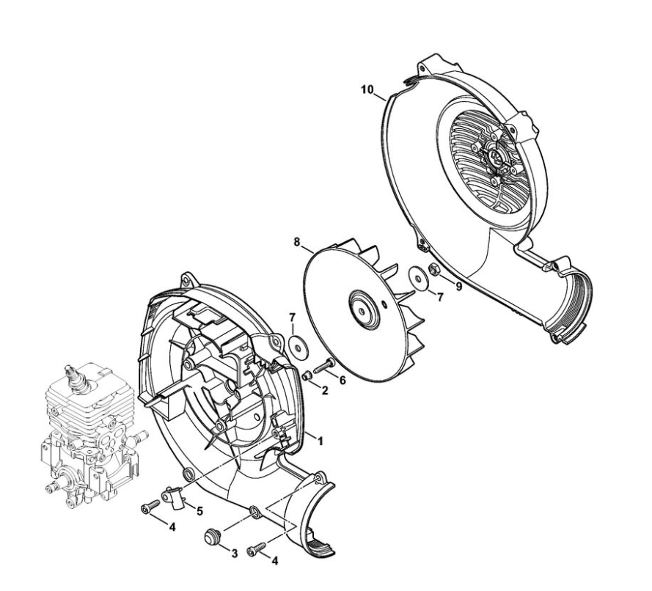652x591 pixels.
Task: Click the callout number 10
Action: pyautogui.click(x=367, y=89)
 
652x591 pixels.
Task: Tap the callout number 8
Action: pyautogui.click(x=297, y=242)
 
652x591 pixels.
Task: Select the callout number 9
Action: pyautogui.click(x=458, y=287)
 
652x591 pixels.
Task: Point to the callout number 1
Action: pyautogui.click(x=320, y=441)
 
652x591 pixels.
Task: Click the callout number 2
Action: pyautogui.click(x=325, y=390)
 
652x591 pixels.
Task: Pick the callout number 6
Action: pyautogui.click(x=343, y=381)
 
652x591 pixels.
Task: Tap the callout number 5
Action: pyautogui.click(x=200, y=511)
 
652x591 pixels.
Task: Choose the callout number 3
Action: pyautogui.click(x=235, y=553)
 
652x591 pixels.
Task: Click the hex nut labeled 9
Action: pyautogui.click(x=433, y=270)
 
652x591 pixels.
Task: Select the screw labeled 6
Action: pyautogui.click(x=324, y=366)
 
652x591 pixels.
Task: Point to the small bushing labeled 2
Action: pyautogui.click(x=307, y=375)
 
